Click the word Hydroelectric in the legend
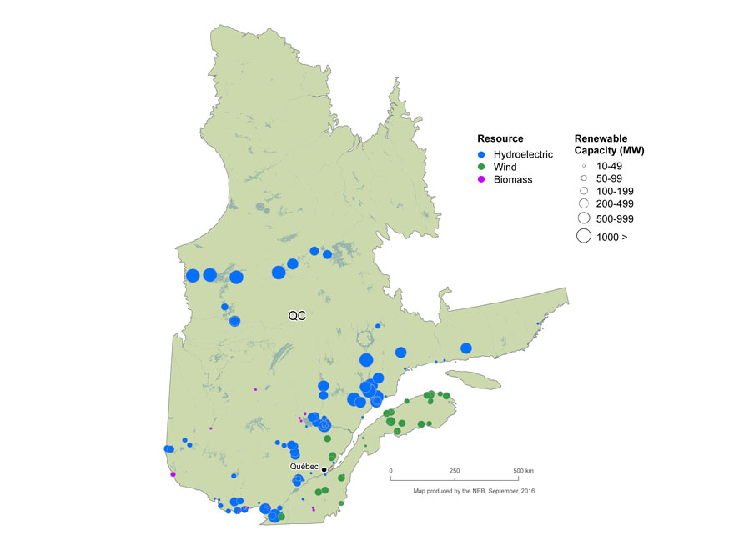click(523, 154)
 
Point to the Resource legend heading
click(500, 137)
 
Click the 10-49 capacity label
click(610, 166)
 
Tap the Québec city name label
click(304, 467)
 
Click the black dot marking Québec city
click(324, 469)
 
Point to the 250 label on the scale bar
click(455, 471)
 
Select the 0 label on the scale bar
click(391, 471)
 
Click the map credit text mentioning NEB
click(474, 491)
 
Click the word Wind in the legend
click(505, 167)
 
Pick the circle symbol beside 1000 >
click(584, 237)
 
